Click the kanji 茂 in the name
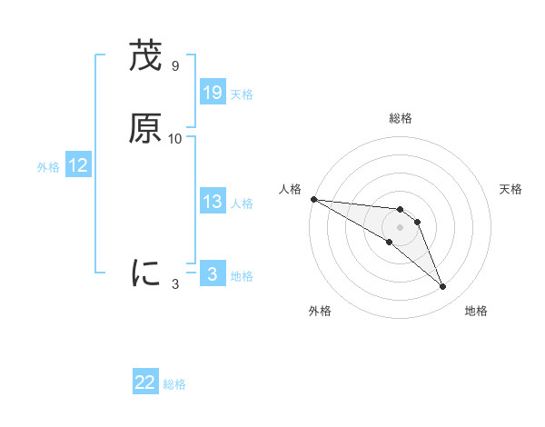pyautogui.click(x=145, y=56)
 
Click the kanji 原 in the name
pyautogui.click(x=145, y=129)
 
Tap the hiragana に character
pyautogui.click(x=145, y=272)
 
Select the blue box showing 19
pyautogui.click(x=213, y=93)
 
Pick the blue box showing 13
pyautogui.click(x=213, y=202)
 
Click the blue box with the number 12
pyautogui.click(x=78, y=165)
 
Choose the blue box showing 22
pyautogui.click(x=145, y=383)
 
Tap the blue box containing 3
pyautogui.click(x=213, y=274)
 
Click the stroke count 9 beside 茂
pyautogui.click(x=175, y=66)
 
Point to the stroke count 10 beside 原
pyautogui.click(x=175, y=139)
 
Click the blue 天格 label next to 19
pyautogui.click(x=242, y=94)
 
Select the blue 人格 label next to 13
pyautogui.click(x=242, y=204)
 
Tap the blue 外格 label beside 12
pyautogui.click(x=48, y=167)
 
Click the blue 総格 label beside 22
pyautogui.click(x=174, y=385)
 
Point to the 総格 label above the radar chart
pyautogui.click(x=401, y=118)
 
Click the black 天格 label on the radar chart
pyautogui.click(x=511, y=189)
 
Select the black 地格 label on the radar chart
pyautogui.click(x=476, y=311)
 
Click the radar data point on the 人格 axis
pyautogui.click(x=313, y=199)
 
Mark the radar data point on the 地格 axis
pyautogui.click(x=443, y=287)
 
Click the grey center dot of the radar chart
pyautogui.click(x=401, y=227)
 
